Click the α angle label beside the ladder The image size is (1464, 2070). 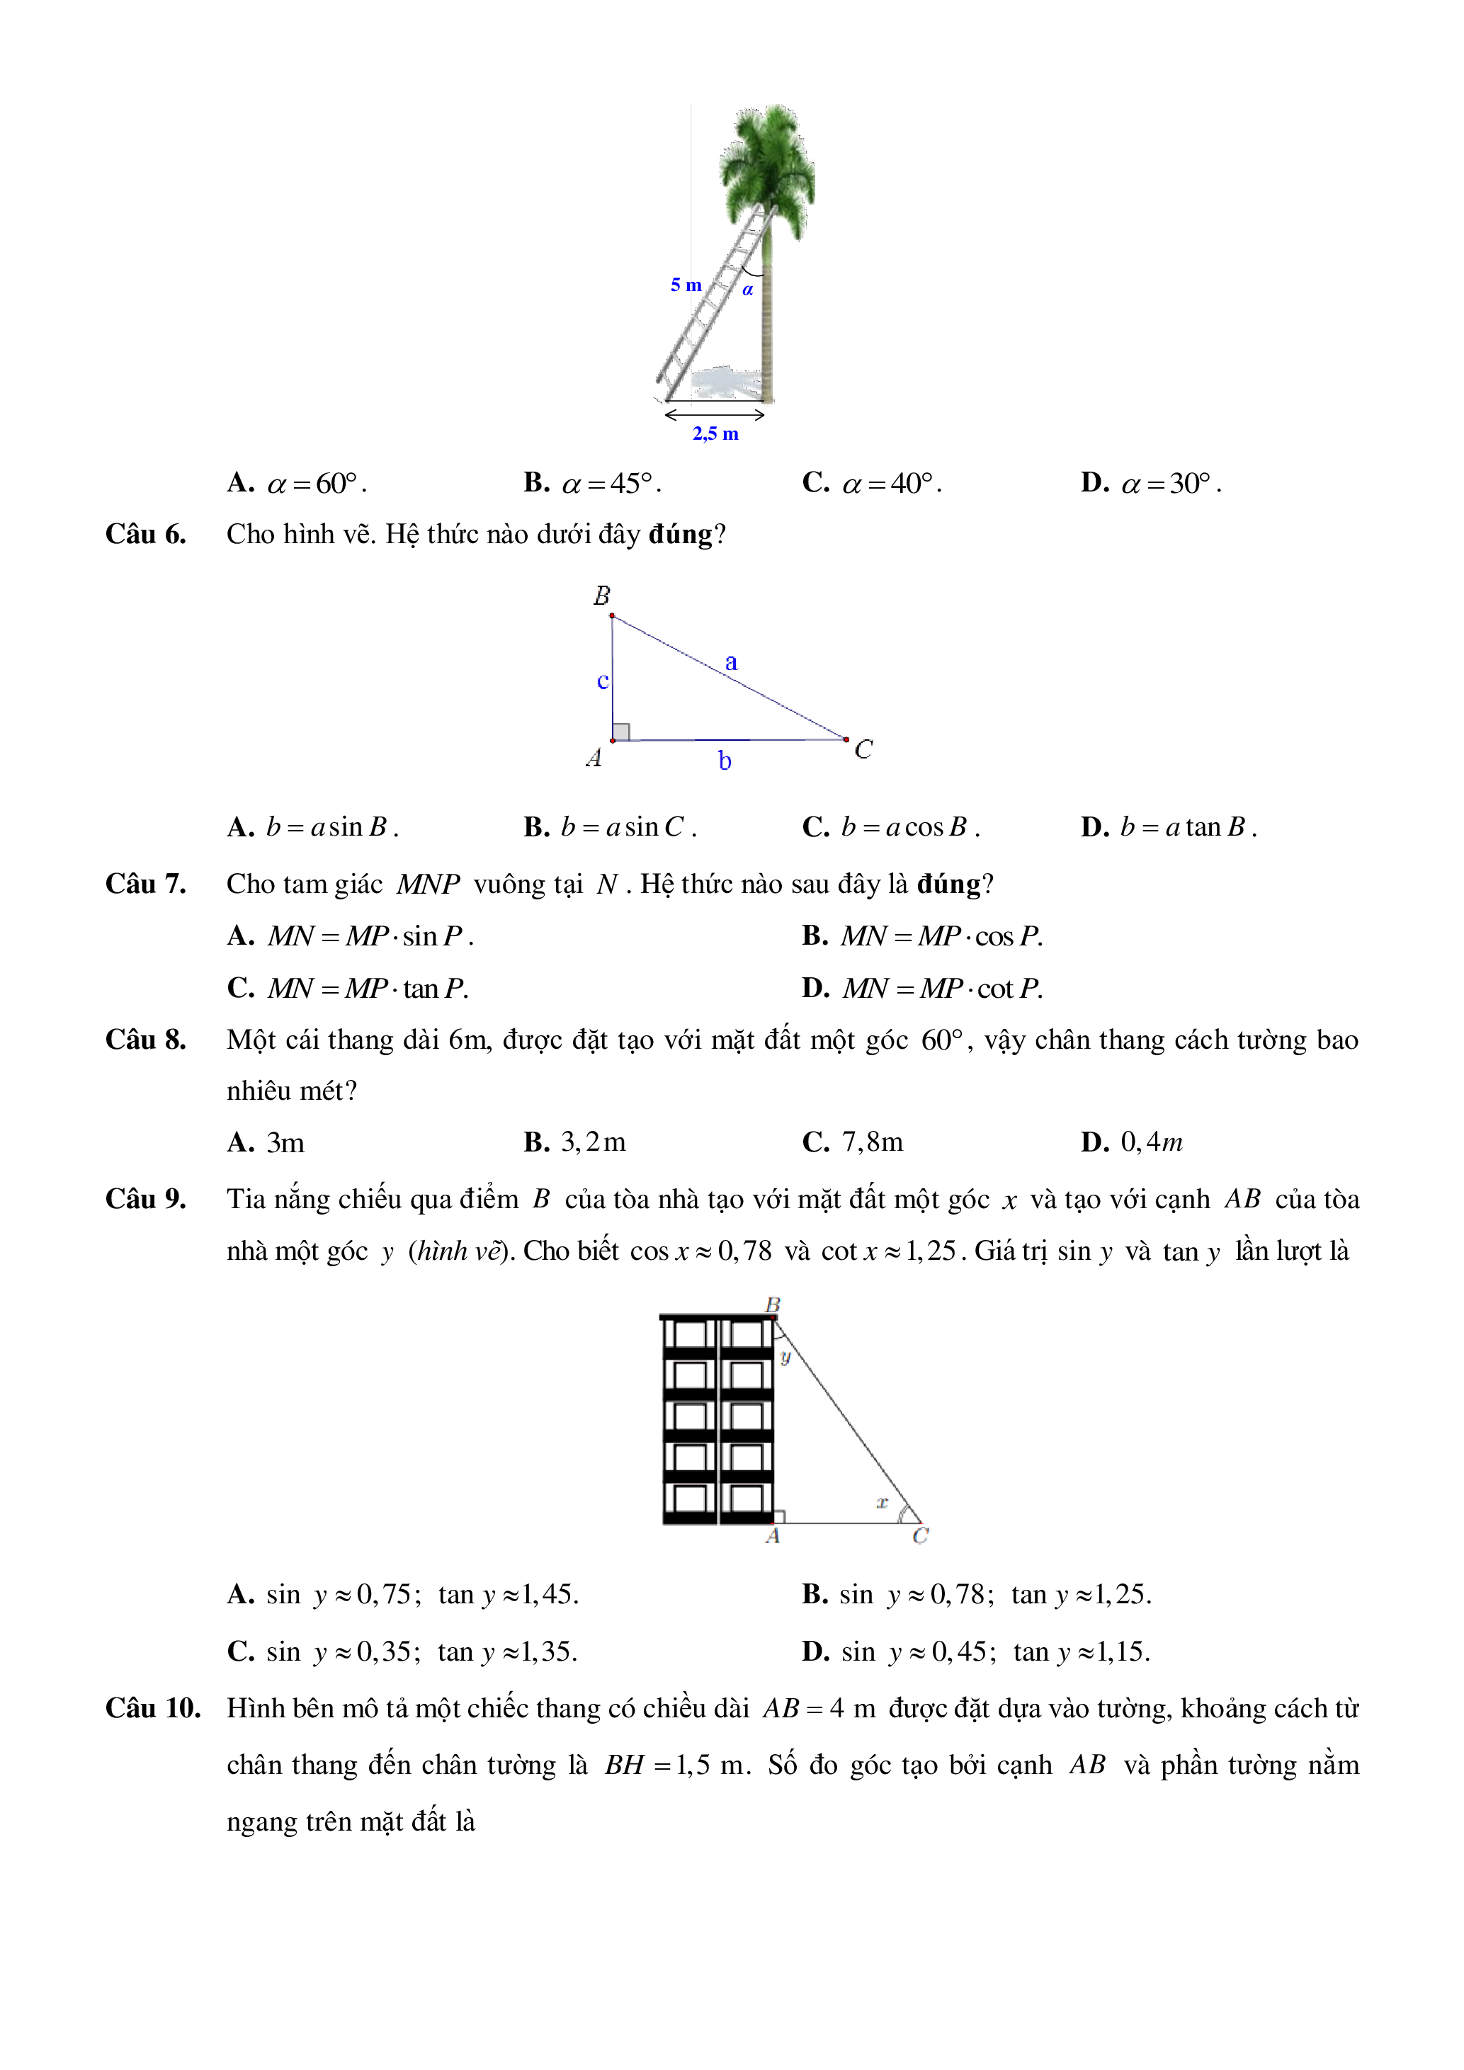pos(747,290)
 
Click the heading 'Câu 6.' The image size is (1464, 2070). pos(146,535)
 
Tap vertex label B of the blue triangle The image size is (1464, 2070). pos(601,596)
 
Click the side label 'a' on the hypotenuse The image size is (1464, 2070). pos(731,663)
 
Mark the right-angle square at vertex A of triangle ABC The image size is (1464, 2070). pos(621,731)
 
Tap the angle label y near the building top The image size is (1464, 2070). pos(785,1357)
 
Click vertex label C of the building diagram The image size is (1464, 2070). pos(919,1536)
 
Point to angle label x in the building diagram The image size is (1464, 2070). pos(882,1502)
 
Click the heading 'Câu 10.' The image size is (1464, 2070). pos(152,1708)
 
